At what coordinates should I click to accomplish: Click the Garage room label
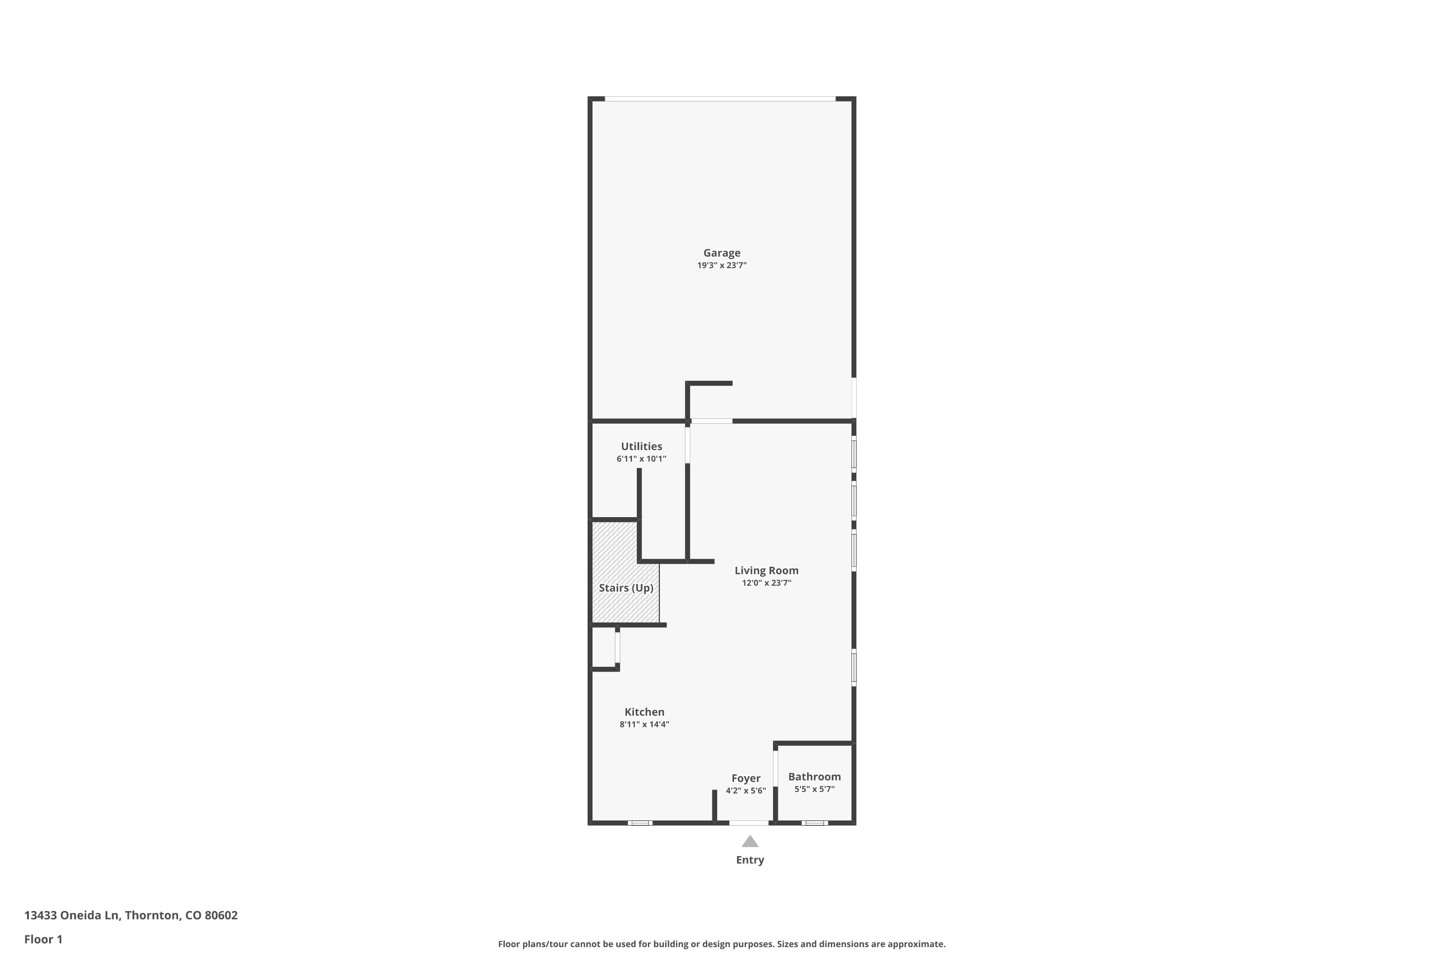[722, 253]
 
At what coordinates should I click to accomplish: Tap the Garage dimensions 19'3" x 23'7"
[722, 265]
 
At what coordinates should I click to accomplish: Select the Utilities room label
[641, 446]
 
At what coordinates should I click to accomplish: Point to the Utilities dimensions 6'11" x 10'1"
[641, 459]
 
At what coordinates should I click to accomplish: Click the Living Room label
[766, 571]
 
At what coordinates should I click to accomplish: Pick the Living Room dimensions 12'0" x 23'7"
[766, 583]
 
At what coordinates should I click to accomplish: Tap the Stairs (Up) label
[626, 588]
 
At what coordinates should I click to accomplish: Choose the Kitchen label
[644, 712]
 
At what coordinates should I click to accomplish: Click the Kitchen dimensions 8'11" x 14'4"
[644, 724]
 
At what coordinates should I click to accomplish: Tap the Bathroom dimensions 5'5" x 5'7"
[814, 789]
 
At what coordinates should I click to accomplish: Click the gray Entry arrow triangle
[749, 841]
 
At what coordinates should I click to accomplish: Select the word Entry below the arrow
[749, 860]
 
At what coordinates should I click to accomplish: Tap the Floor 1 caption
[43, 939]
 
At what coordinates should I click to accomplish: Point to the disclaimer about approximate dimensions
[722, 944]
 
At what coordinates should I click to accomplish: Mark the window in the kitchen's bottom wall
[640, 823]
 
